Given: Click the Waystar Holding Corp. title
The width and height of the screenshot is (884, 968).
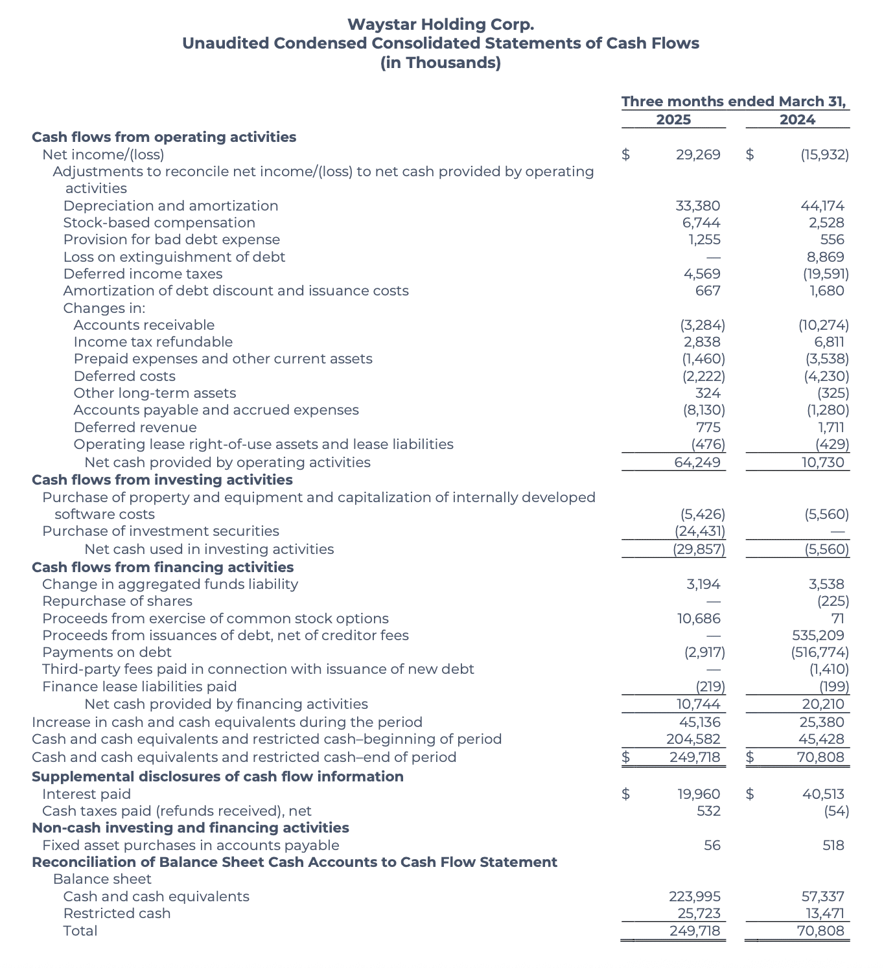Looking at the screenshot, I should tap(441, 25).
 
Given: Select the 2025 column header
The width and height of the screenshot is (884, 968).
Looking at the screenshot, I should tap(673, 120).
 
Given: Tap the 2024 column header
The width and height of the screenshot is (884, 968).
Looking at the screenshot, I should tap(797, 120).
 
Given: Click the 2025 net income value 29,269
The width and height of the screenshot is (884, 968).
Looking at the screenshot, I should tap(698, 155).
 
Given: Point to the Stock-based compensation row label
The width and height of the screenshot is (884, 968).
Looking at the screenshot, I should tap(159, 223).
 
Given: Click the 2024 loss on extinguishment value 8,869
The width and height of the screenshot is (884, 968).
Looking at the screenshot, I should tap(822, 257).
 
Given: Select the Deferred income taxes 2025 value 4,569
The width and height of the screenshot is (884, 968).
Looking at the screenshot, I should tap(702, 274).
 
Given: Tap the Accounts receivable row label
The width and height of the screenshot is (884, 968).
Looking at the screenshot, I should tap(144, 325).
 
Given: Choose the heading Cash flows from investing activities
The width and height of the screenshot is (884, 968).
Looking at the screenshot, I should tap(162, 480).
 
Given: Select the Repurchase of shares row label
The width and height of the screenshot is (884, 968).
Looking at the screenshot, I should tap(117, 601).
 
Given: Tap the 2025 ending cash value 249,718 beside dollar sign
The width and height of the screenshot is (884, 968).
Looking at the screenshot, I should tap(695, 757).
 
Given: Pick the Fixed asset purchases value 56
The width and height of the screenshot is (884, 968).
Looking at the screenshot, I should tap(712, 846).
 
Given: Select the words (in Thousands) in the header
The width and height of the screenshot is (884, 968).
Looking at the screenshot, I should tap(441, 63).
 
